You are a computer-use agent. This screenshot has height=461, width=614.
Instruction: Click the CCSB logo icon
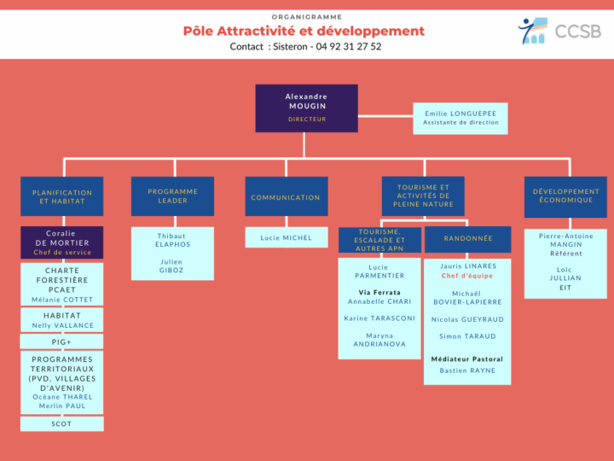click(x=532, y=31)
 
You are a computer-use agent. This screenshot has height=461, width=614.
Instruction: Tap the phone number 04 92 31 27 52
click(x=349, y=47)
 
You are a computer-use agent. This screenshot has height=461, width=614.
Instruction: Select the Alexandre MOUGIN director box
click(x=307, y=108)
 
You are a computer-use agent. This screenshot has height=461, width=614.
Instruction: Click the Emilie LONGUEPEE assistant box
click(x=460, y=119)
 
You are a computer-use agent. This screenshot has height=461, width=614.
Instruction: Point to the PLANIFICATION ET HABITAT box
click(x=62, y=196)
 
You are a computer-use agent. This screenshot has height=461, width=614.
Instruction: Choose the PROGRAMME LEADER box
click(x=172, y=196)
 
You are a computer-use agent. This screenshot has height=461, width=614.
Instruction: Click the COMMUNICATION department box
click(x=287, y=196)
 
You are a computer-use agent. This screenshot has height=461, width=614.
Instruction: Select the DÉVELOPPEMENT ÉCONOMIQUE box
click(x=566, y=197)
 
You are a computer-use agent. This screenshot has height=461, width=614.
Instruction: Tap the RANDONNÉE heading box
click(x=468, y=239)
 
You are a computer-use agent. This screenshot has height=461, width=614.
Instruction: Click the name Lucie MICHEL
click(x=287, y=238)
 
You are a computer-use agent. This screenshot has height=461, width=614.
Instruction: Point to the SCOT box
click(x=62, y=423)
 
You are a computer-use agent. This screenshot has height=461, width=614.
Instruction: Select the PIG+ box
click(x=61, y=341)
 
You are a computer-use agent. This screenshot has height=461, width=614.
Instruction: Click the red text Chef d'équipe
click(x=467, y=276)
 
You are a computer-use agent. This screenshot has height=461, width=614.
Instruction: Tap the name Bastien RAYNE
click(x=467, y=371)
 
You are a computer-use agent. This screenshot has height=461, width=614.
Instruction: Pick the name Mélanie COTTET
click(x=62, y=300)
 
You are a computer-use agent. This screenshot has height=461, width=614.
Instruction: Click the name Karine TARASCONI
click(x=379, y=318)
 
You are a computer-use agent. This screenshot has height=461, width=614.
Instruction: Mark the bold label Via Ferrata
click(x=379, y=293)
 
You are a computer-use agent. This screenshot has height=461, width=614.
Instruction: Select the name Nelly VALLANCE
click(x=62, y=325)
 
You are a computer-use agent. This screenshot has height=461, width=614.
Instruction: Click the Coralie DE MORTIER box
click(x=62, y=242)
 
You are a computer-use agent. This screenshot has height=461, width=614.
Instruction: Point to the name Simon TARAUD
click(x=467, y=336)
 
